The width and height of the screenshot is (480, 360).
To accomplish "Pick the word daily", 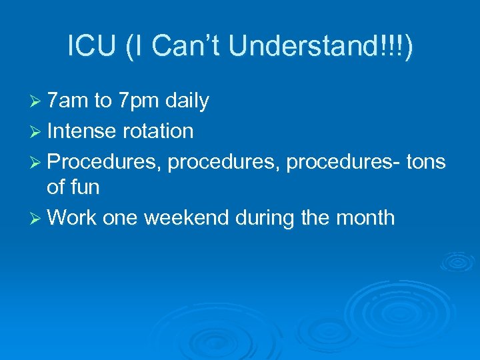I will pos(187,101).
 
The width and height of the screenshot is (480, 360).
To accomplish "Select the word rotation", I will pos(157,131).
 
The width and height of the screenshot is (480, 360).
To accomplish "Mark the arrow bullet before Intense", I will pos(37,131).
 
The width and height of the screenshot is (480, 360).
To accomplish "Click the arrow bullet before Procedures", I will pos(37,161).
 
